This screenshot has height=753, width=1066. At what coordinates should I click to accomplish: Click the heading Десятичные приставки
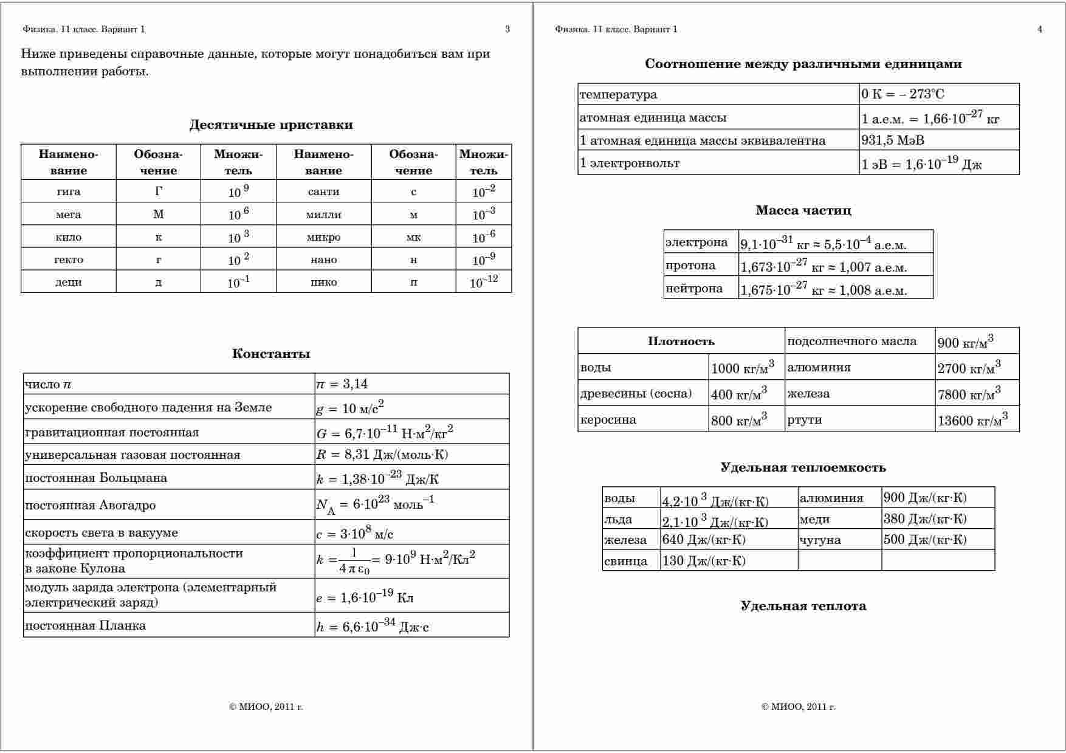point(271,125)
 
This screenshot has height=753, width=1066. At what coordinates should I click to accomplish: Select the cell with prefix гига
point(69,191)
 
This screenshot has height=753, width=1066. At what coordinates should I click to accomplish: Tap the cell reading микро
point(323,237)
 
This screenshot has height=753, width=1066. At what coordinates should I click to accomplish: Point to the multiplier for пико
point(484,282)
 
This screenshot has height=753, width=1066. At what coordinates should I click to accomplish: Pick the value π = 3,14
point(342,384)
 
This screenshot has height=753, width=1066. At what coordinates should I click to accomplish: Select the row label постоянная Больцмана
point(96,478)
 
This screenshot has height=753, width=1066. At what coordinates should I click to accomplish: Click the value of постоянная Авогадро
point(376,504)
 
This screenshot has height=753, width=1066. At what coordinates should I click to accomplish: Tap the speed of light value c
point(355,533)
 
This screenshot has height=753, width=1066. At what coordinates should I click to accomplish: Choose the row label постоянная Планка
point(86,625)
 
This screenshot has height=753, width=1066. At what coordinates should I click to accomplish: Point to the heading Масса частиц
point(803,211)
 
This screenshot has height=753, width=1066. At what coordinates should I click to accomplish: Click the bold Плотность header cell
point(681,342)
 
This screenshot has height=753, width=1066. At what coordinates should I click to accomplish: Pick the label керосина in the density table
point(608,420)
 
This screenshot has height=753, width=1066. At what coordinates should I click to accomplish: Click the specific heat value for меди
point(925,519)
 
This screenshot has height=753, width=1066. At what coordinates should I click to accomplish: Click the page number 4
point(1040,29)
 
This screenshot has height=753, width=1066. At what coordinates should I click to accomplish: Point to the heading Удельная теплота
point(803,606)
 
